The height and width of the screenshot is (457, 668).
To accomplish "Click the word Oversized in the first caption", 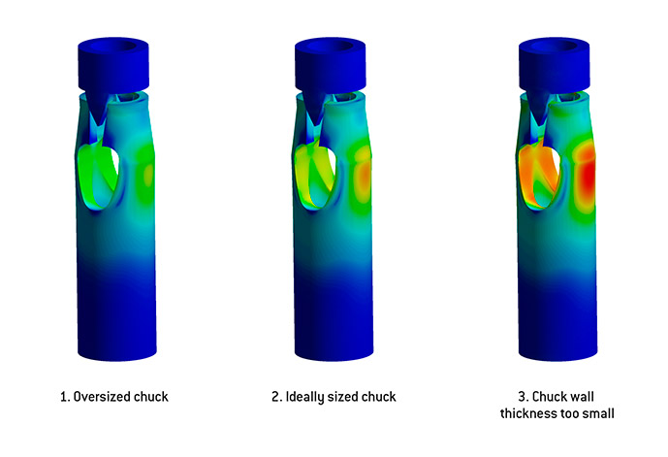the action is tap(102, 397).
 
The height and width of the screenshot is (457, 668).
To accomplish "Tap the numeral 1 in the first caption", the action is tap(64, 397).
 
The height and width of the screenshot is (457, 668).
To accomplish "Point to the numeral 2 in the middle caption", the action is tap(276, 397).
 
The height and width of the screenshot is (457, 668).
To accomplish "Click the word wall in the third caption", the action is tap(582, 397).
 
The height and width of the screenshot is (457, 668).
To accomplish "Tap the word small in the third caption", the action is tap(599, 413).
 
